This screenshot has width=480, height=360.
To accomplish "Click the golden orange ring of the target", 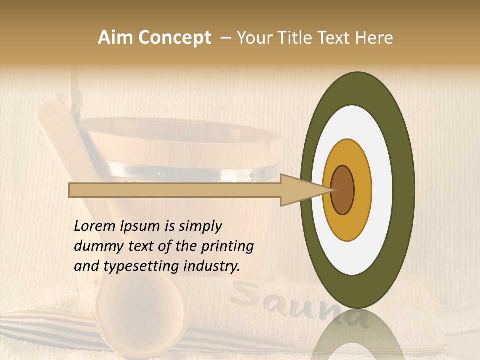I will coord(362,190).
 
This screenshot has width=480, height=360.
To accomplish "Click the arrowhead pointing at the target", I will coord(305,190).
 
